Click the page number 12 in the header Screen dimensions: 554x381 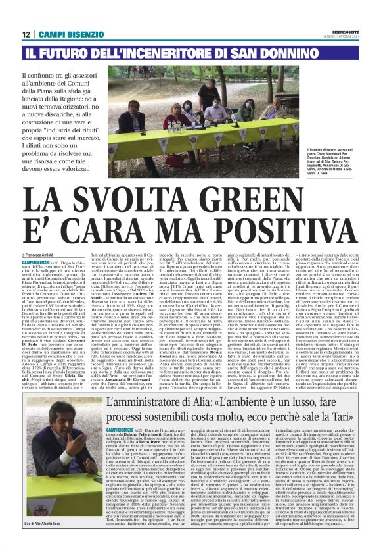(x=26, y=34)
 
